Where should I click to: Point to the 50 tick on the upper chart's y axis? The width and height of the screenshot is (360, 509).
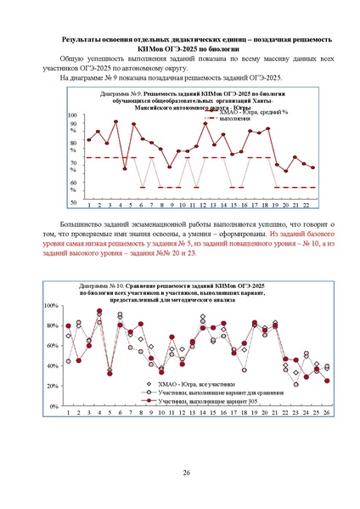[x=73, y=202]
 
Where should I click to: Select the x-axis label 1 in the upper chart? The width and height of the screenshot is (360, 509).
[x=89, y=205]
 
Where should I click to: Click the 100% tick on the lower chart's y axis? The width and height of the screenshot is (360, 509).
[x=51, y=305]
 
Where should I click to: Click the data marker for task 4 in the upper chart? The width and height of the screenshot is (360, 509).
[x=124, y=168]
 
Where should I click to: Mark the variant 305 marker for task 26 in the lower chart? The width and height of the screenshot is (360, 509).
[x=327, y=381]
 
